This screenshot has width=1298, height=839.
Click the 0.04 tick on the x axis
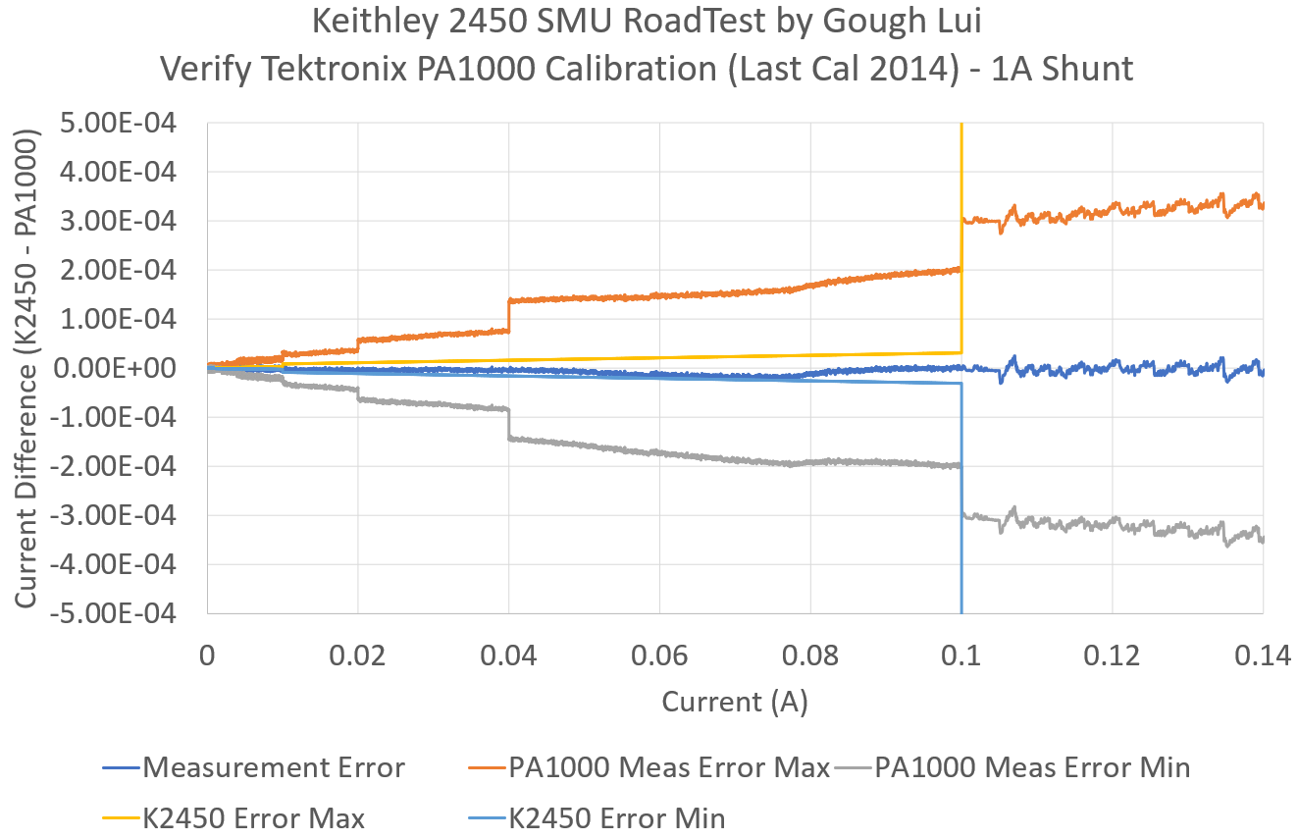point(508,655)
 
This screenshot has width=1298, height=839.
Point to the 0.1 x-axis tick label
point(961,655)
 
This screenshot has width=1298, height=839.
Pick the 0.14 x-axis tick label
point(1262,655)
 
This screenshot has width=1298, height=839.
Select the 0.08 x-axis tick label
point(810,655)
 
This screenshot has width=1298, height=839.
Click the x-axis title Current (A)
point(734,702)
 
